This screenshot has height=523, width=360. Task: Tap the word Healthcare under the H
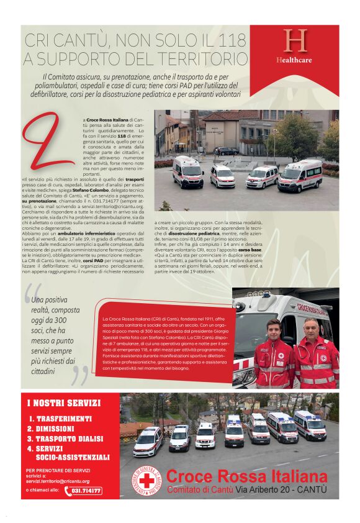294,60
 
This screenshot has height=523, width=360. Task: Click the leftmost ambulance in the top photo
187,171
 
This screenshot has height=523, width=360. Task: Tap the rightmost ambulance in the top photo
300,176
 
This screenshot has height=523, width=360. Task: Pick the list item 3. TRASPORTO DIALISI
68,439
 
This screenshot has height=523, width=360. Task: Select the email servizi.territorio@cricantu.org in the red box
58,481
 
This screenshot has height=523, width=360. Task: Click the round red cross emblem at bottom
146,481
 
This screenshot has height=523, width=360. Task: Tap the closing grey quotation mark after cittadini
81,375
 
